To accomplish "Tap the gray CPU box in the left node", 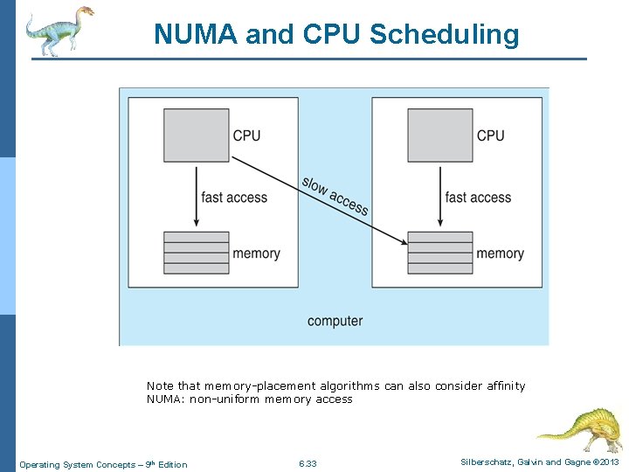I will [x=197, y=135].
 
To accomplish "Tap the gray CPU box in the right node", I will [x=440, y=135].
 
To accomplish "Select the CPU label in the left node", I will [x=246, y=135].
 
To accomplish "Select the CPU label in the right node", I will [x=490, y=135].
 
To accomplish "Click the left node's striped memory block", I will [x=197, y=253].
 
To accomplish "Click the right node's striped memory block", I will [x=440, y=253].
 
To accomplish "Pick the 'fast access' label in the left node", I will [x=234, y=198].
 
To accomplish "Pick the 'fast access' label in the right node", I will [x=478, y=198].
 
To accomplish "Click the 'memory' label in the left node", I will [x=256, y=253].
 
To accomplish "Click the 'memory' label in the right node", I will [x=500, y=253].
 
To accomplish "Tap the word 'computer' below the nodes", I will [x=335, y=321].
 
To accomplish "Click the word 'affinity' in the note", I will [x=505, y=385].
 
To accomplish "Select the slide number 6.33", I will [x=308, y=464].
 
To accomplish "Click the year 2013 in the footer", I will [x=609, y=462].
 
